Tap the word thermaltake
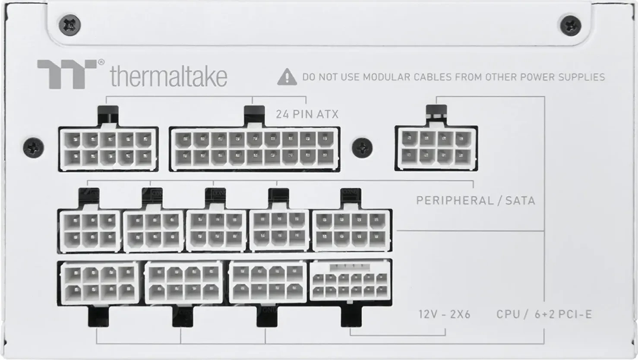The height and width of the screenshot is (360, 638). [x=168, y=77]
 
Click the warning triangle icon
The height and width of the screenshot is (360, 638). [x=287, y=77]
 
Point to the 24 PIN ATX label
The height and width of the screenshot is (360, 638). [x=307, y=114]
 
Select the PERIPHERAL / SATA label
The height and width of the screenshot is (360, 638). [x=475, y=200]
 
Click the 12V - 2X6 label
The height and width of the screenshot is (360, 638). [x=444, y=314]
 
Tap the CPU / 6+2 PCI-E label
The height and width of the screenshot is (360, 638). [x=544, y=314]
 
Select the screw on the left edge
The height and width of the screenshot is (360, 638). [x=33, y=148]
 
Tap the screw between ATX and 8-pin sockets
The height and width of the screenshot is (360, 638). [x=362, y=148]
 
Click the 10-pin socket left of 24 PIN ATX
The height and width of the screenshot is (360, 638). [x=108, y=148]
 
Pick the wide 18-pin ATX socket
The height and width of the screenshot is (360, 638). [x=254, y=148]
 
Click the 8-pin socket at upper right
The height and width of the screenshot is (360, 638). [x=436, y=148]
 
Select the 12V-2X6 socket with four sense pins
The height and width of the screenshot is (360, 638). [x=351, y=281]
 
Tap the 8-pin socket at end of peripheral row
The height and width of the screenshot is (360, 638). [x=351, y=230]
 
